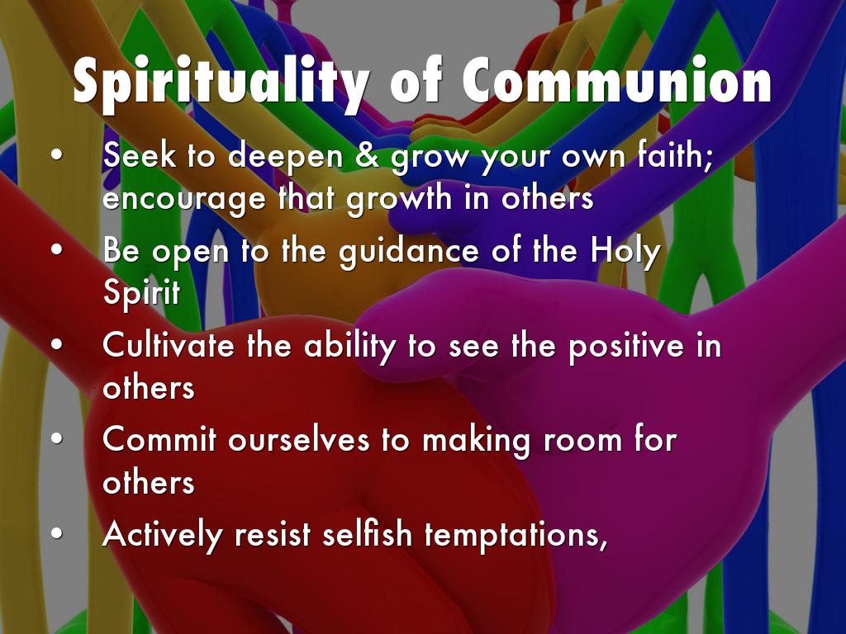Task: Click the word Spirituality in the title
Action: click(221, 83)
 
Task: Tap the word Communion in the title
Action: click(616, 80)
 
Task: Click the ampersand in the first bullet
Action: click(367, 155)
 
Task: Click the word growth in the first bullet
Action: click(399, 199)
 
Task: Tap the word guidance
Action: click(409, 250)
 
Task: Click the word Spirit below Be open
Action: click(141, 293)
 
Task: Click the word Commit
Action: click(159, 439)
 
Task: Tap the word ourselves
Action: click(299, 440)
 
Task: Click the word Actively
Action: click(163, 535)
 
